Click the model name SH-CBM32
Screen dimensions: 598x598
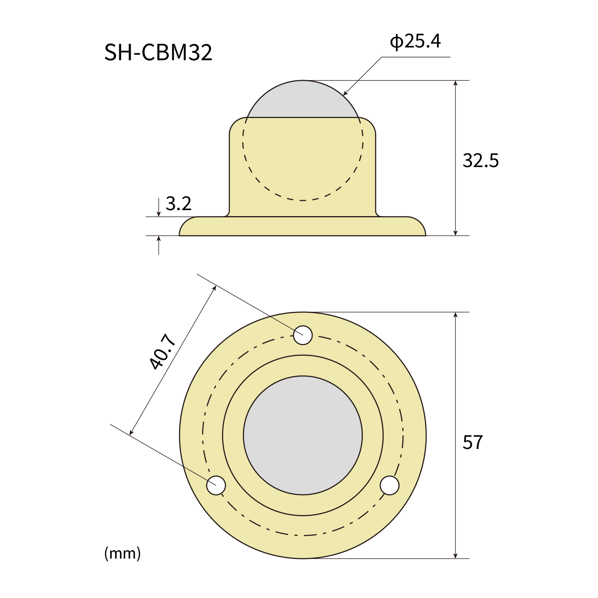[158, 52]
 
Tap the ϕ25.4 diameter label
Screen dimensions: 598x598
[415, 41]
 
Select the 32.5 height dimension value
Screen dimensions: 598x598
[480, 160]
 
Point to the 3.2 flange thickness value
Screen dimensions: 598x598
[178, 204]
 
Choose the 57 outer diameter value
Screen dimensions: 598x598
[473, 443]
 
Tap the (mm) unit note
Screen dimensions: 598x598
[122, 553]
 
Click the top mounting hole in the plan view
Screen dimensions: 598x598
[303, 335]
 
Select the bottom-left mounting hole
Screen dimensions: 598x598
[216, 486]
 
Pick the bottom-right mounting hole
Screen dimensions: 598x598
[389, 486]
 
